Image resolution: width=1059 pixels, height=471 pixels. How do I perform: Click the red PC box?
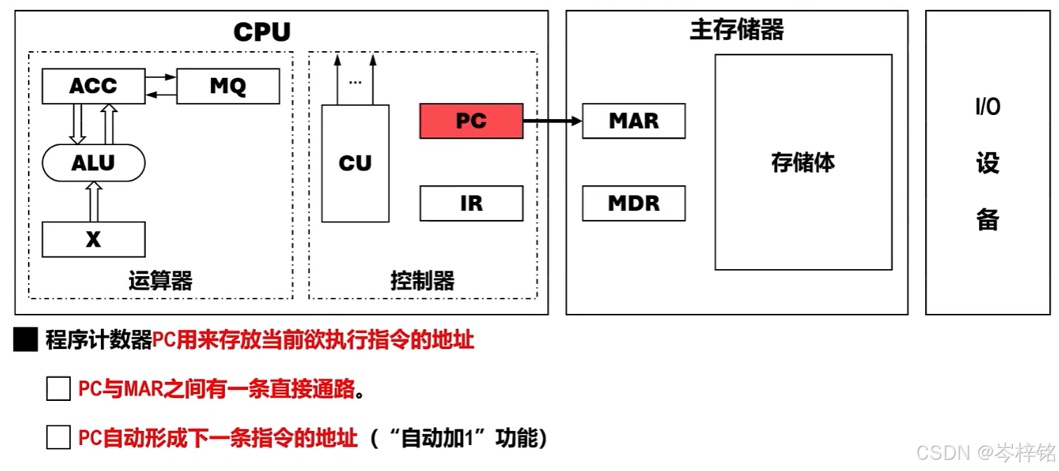(x=471, y=121)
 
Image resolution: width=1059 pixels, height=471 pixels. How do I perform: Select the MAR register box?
(x=634, y=121)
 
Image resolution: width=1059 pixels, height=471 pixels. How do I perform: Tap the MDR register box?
(x=634, y=203)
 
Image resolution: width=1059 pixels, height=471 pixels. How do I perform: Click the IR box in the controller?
(x=471, y=203)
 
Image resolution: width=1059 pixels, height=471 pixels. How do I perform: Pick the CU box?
(x=355, y=163)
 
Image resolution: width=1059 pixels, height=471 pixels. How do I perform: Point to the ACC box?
(x=93, y=86)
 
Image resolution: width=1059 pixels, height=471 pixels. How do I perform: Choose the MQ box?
(x=228, y=86)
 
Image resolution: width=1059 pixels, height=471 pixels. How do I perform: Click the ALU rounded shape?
(x=93, y=163)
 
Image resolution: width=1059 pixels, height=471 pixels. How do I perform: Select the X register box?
(x=93, y=240)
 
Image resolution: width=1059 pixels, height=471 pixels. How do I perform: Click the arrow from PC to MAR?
(x=553, y=121)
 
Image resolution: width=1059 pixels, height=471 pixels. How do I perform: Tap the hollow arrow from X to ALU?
(x=93, y=201)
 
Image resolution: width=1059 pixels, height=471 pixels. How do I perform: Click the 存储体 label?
(x=803, y=163)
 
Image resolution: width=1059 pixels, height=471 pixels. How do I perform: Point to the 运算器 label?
(x=160, y=281)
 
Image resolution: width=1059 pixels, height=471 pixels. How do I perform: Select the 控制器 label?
(x=422, y=281)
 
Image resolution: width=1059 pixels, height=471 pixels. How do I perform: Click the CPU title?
(x=262, y=32)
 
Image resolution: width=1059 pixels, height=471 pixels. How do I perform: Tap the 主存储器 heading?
(x=736, y=29)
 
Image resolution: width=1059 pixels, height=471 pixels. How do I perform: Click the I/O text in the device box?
(x=987, y=107)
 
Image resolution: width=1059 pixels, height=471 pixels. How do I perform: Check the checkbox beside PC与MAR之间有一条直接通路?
(x=58, y=389)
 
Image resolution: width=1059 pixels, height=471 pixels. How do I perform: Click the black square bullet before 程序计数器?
(x=26, y=341)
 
